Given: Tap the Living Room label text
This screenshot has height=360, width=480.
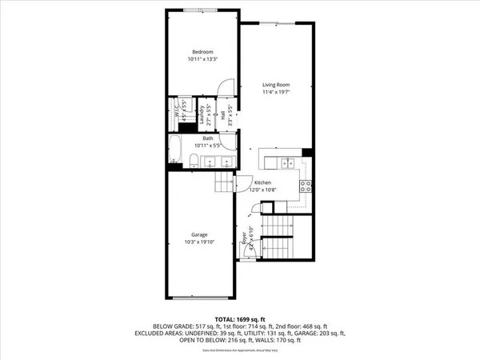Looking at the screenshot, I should (276, 85).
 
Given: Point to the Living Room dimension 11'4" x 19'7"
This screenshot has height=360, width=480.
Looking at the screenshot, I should (276, 93).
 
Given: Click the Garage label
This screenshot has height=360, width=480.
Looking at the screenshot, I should (200, 234).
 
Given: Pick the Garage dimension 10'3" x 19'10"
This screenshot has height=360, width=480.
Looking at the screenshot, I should (200, 242).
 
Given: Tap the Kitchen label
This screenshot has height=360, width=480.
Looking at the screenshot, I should (265, 183).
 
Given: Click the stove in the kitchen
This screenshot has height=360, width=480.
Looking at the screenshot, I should (304, 186).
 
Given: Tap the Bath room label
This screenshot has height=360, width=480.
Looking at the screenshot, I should (207, 138).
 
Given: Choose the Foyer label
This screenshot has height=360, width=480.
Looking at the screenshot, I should (244, 238).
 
